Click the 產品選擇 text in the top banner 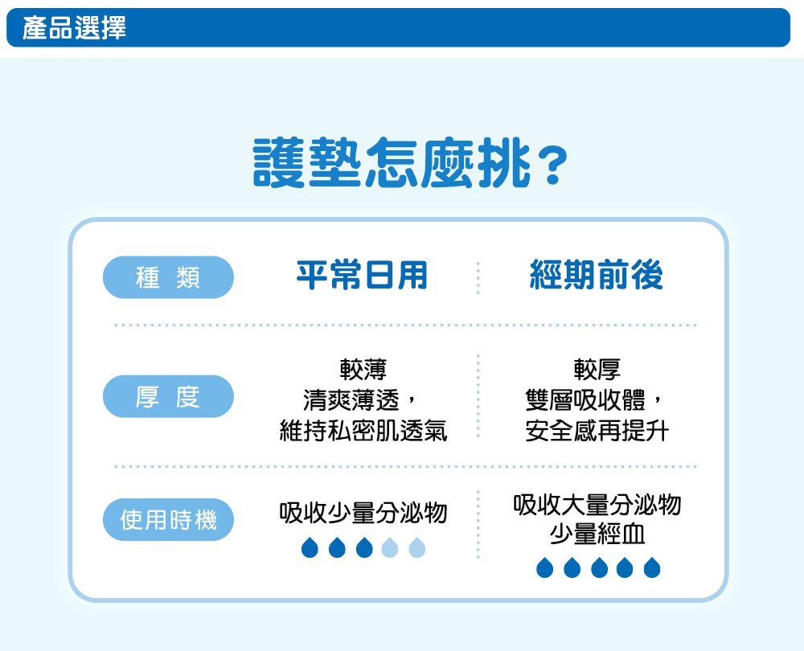point(74,27)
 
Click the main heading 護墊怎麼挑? point(411,163)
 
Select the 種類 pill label point(168,277)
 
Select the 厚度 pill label point(168,396)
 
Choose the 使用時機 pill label point(168,519)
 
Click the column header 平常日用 point(362,275)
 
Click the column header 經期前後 point(597,275)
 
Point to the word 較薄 point(363,370)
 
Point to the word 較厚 point(597,370)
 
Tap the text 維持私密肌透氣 point(363,431)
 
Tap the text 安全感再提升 point(597,431)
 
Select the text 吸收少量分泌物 point(363,513)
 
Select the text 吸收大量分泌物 point(597,505)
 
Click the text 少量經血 point(597,534)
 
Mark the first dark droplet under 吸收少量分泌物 point(310,547)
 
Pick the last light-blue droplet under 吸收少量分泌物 point(416,547)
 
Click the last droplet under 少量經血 point(652,567)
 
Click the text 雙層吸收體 point(585,400)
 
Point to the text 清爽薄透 point(351,400)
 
